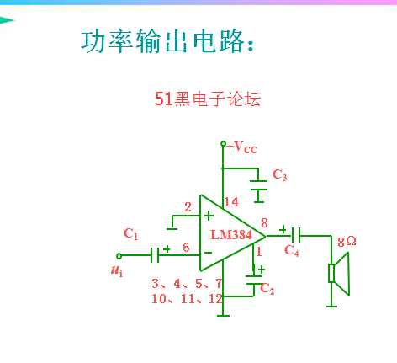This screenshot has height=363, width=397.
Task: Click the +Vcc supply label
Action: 241,147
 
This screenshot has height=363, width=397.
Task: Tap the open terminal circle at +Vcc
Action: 223,144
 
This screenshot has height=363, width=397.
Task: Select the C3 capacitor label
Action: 279,175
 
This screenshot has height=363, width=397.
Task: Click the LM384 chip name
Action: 231,235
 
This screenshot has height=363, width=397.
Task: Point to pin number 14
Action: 231,202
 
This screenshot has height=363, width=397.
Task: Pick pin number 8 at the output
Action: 264,223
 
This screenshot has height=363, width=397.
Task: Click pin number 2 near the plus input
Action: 188,207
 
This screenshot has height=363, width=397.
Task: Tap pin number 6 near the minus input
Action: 186,248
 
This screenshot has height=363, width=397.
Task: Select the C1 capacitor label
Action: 131,233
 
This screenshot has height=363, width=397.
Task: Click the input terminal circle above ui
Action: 119,256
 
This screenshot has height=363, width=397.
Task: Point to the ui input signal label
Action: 117,270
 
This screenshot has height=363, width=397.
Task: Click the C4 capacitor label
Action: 292,250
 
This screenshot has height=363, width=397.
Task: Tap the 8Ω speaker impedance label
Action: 347,242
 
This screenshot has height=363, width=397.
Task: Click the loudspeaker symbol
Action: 339,274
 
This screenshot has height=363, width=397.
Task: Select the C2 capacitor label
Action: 267,289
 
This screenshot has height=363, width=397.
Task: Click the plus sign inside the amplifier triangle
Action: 209,216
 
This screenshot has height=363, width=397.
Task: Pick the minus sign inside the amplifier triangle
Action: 209,253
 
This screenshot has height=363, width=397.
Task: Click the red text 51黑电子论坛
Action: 208,99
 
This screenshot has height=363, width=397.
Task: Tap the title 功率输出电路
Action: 167,42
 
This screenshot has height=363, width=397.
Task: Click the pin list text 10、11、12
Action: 187,299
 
